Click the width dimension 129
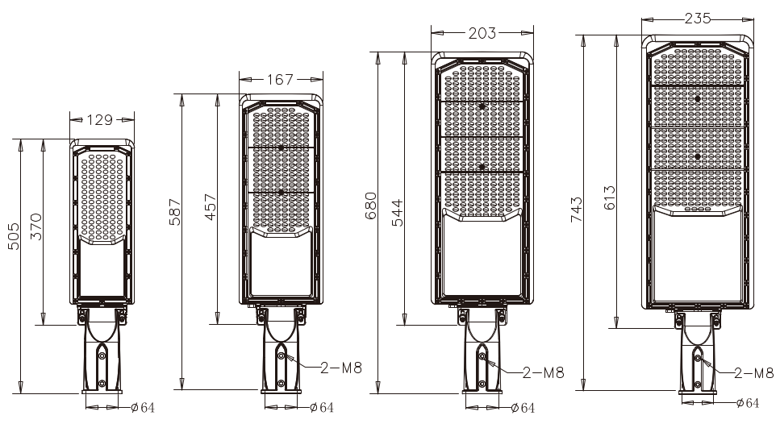point(99,120)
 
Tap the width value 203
point(482,33)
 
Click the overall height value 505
point(14,236)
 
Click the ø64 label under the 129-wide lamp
point(142,407)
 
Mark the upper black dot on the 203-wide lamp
point(482,106)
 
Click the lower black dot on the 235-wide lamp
point(697,156)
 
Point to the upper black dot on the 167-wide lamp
point(280,148)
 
